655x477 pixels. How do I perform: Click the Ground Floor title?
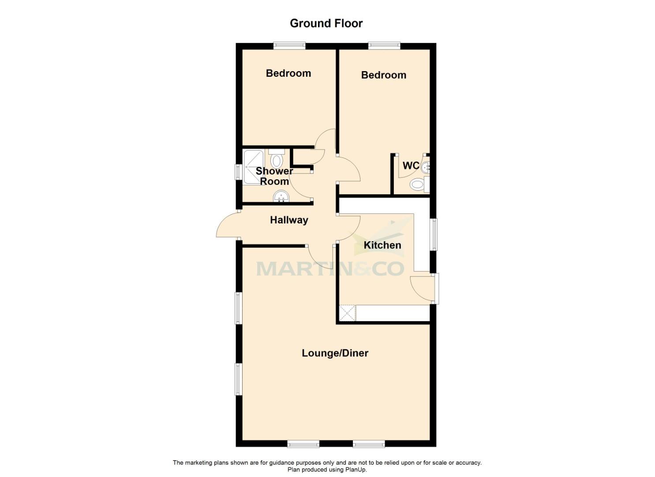coord(326,23)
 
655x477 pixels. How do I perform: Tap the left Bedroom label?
coord(288,73)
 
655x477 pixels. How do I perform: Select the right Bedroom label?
coord(383,75)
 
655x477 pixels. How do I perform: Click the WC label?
coord(411,166)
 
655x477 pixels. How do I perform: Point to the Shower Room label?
coord(274,176)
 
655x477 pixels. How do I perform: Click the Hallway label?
coord(289,220)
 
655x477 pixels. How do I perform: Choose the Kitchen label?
coord(382,245)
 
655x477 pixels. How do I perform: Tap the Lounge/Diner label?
coord(335,353)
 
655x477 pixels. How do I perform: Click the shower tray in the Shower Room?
coord(253,167)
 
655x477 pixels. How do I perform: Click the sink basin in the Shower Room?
coord(281,196)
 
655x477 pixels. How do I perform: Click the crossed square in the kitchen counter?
coord(347,313)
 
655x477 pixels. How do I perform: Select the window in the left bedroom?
coord(289,45)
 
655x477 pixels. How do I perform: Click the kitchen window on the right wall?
coord(434,234)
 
